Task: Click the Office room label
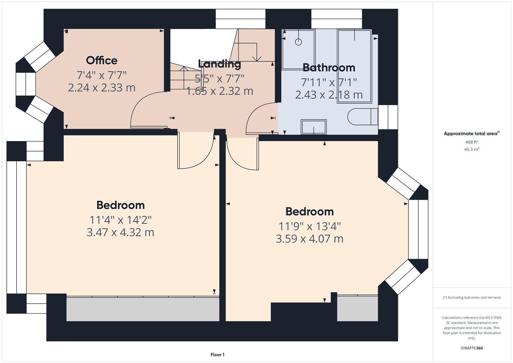101,61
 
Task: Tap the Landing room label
219,64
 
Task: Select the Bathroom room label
329,68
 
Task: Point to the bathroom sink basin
313,127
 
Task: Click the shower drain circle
298,42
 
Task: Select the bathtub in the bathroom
354,66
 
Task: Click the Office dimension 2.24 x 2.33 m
101,88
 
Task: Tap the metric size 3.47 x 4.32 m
120,232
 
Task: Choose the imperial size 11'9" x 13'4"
309,226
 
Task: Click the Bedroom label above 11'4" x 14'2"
120,205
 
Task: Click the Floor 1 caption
217,355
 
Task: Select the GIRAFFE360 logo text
471,348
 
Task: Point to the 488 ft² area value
471,142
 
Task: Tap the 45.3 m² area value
471,150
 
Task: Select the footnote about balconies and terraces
471,297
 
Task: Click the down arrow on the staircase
257,57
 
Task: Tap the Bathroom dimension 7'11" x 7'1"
329,82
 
